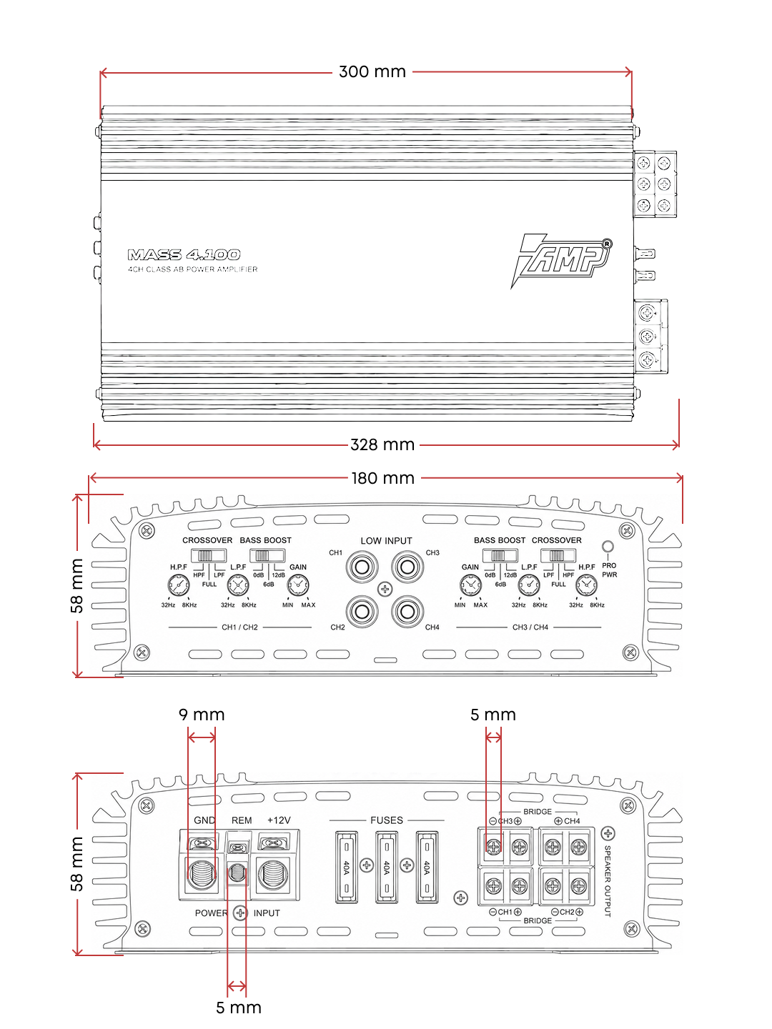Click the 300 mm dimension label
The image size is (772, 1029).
[x=372, y=71]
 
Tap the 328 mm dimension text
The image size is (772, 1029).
[x=382, y=444]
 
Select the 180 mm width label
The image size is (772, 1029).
[x=383, y=478]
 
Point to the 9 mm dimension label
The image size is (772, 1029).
[x=202, y=715]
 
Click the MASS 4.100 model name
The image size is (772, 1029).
[x=184, y=254]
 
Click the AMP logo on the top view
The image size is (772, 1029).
[x=561, y=261]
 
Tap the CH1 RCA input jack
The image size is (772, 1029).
[x=362, y=567]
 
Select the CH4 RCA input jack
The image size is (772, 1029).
[x=407, y=611]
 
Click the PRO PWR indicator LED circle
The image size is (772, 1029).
[x=608, y=547]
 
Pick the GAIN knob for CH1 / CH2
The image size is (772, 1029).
[x=297, y=585]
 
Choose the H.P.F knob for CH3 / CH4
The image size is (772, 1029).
[x=586, y=585]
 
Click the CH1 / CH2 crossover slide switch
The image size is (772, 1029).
[x=209, y=555]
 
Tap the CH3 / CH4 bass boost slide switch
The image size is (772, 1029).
[x=500, y=555]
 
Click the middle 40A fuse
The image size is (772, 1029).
[x=387, y=867]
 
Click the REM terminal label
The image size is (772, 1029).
[x=242, y=820]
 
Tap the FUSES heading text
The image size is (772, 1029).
[x=387, y=820]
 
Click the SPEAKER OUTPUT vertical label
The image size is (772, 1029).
[x=608, y=881]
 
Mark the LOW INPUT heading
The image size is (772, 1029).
[x=386, y=540]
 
